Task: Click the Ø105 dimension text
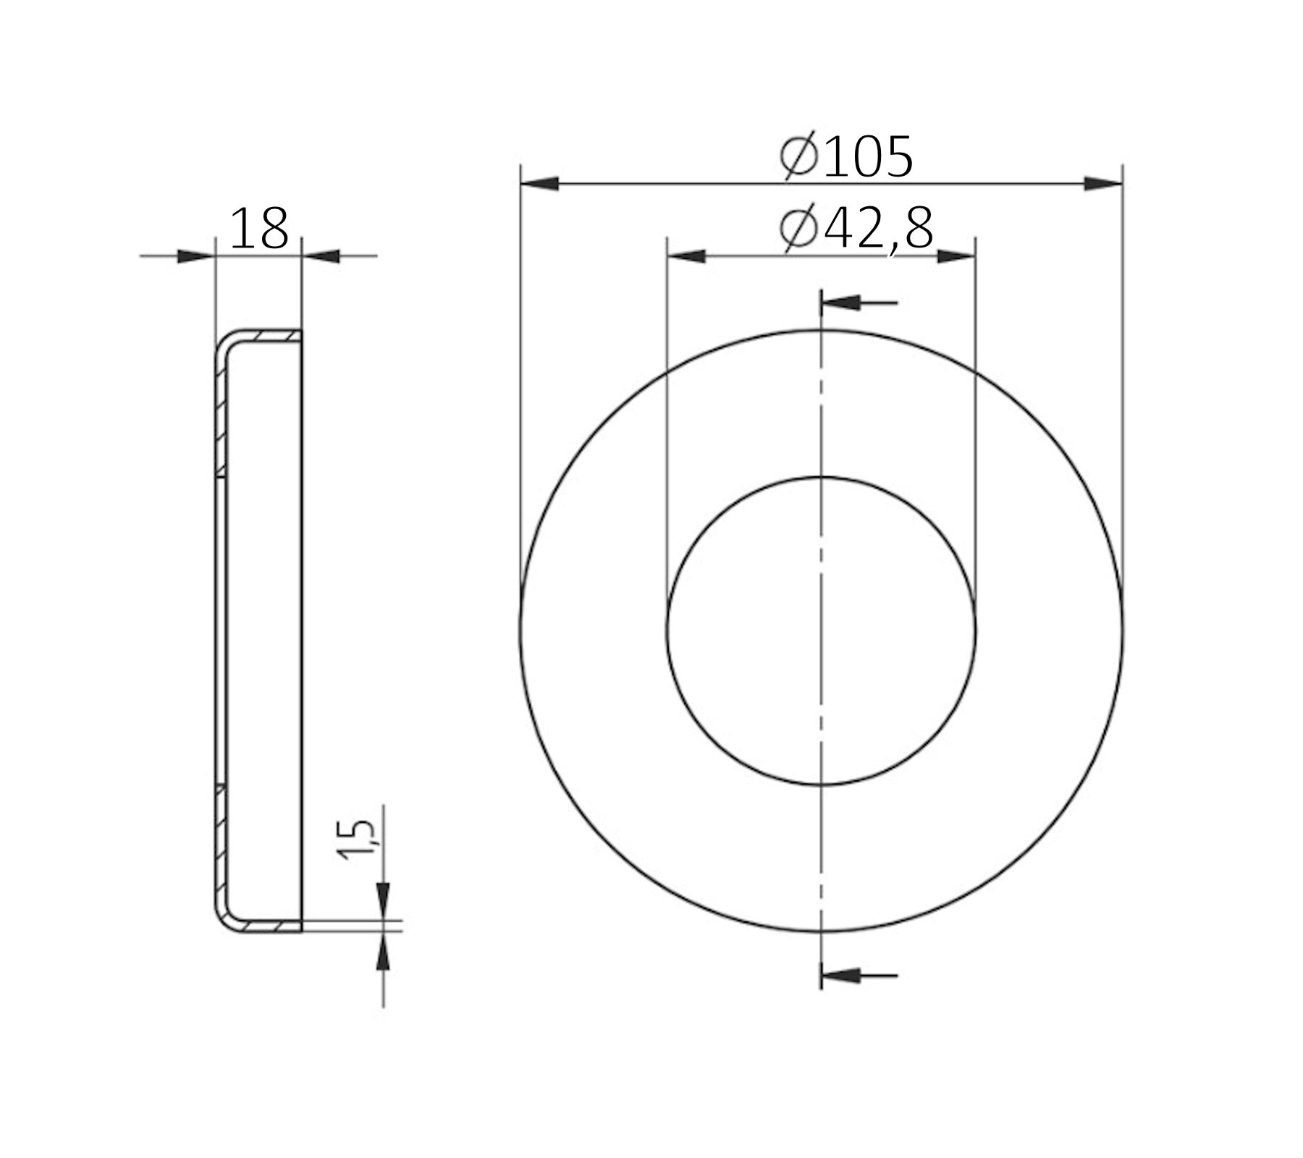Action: [x=847, y=156]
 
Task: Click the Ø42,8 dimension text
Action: [x=856, y=229]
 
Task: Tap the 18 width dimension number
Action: [x=259, y=229]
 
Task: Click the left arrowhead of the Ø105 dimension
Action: [x=539, y=184]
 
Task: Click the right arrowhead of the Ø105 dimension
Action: [x=1103, y=184]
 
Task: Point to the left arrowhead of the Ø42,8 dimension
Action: [x=686, y=256]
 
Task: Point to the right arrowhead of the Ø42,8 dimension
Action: [x=956, y=256]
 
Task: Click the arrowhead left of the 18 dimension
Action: [x=195, y=255]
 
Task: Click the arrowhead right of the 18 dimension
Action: [x=321, y=255]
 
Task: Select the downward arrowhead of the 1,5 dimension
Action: [x=383, y=900]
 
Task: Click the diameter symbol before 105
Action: [x=799, y=156]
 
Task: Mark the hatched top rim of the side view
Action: [x=271, y=336]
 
